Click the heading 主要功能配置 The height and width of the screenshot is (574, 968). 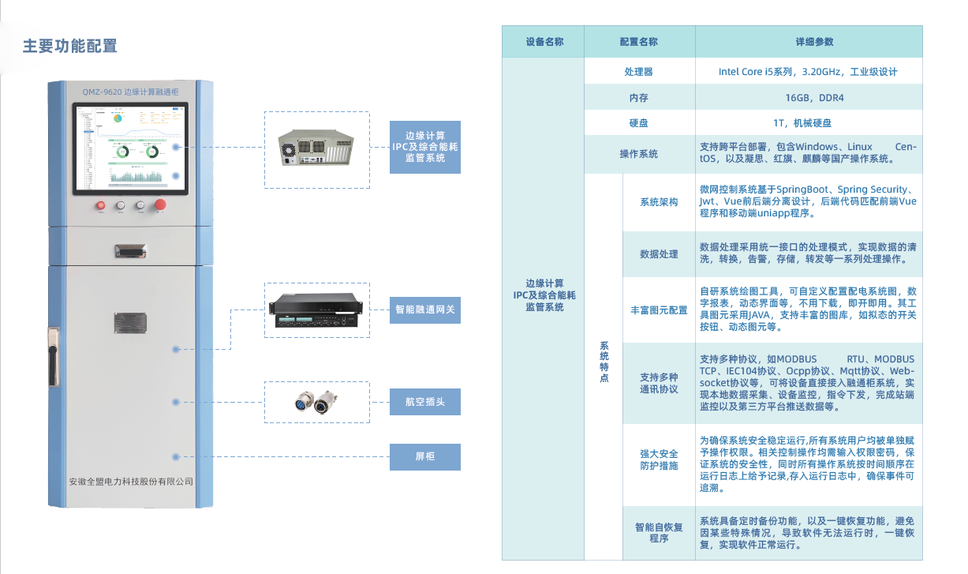69,46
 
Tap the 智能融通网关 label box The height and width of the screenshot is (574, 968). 425,310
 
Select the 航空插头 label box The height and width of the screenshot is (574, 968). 425,402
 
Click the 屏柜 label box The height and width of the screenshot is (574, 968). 425,457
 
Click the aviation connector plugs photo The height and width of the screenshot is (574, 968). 313,403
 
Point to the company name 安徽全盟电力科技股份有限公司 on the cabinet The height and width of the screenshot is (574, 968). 131,481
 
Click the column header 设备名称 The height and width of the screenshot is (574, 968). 544,42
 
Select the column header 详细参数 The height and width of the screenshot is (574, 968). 808,42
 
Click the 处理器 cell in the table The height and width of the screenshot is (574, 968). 638,72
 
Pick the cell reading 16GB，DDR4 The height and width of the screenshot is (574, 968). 808,98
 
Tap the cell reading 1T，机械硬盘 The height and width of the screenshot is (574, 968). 808,123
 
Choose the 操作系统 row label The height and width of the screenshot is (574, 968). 638,154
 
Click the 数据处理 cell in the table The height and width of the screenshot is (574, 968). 658,254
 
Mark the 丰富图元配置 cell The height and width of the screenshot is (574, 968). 658,310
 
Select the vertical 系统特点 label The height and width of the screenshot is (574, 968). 604,362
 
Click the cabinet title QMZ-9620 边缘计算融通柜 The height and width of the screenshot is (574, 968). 130,92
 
